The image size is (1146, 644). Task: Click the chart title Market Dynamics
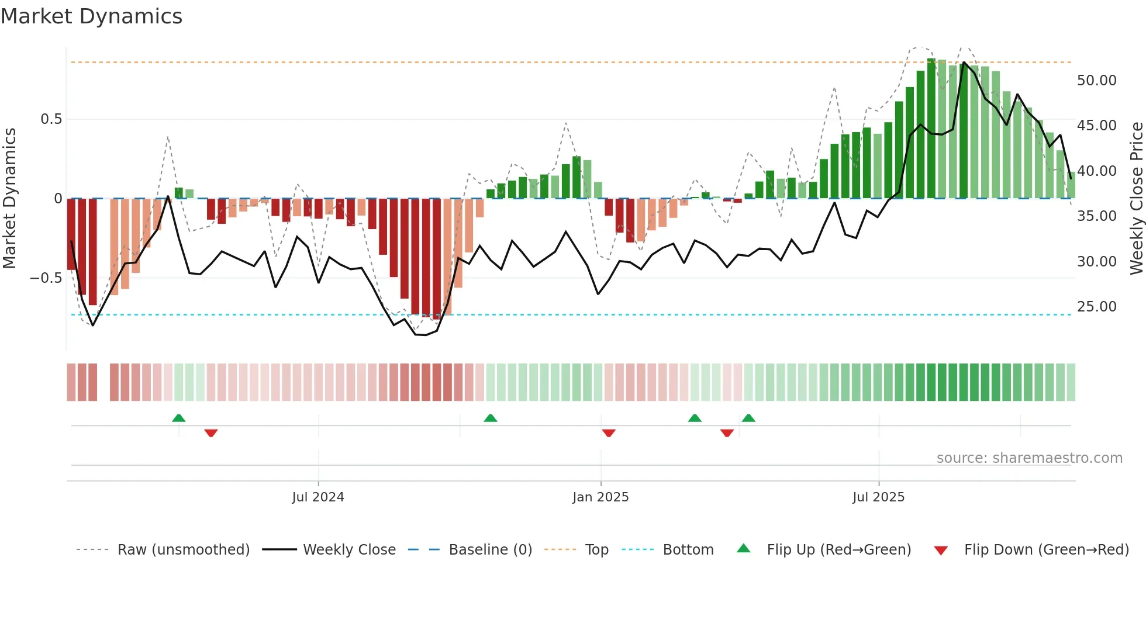tap(91, 16)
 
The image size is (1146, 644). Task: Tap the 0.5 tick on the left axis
tap(51, 119)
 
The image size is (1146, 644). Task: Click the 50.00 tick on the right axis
tap(1096, 81)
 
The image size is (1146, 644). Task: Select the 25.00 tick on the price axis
tap(1096, 307)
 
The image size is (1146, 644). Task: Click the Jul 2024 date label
tap(318, 497)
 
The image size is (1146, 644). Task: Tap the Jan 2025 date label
tap(600, 497)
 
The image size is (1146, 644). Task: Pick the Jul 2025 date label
tap(878, 497)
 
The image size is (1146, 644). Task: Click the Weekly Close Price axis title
tap(1136, 198)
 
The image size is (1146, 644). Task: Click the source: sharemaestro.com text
tap(1029, 458)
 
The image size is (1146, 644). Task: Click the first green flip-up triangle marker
tap(179, 418)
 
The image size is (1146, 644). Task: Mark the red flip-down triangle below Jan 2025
tap(609, 433)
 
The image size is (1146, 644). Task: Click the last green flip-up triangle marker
tap(748, 418)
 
